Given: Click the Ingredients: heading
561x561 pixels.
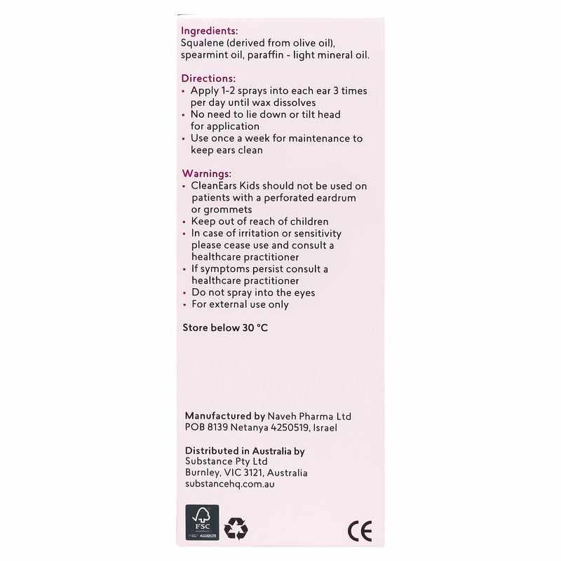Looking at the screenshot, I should (209, 31).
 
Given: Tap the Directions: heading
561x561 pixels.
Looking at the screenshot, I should (208, 79).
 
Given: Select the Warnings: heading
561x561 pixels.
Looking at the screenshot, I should (206, 173).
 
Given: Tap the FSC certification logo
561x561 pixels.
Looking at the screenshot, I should (202, 522).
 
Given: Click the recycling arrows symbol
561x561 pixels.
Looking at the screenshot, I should (236, 528).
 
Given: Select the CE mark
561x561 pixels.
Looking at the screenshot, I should (360, 531).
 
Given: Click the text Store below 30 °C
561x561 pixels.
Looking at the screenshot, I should (225, 327).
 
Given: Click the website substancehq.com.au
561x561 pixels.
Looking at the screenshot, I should (230, 485).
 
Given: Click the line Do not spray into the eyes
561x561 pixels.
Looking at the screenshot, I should (253, 292).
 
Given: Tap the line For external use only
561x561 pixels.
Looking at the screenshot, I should (240, 304).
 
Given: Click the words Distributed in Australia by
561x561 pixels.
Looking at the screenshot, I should (245, 451).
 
